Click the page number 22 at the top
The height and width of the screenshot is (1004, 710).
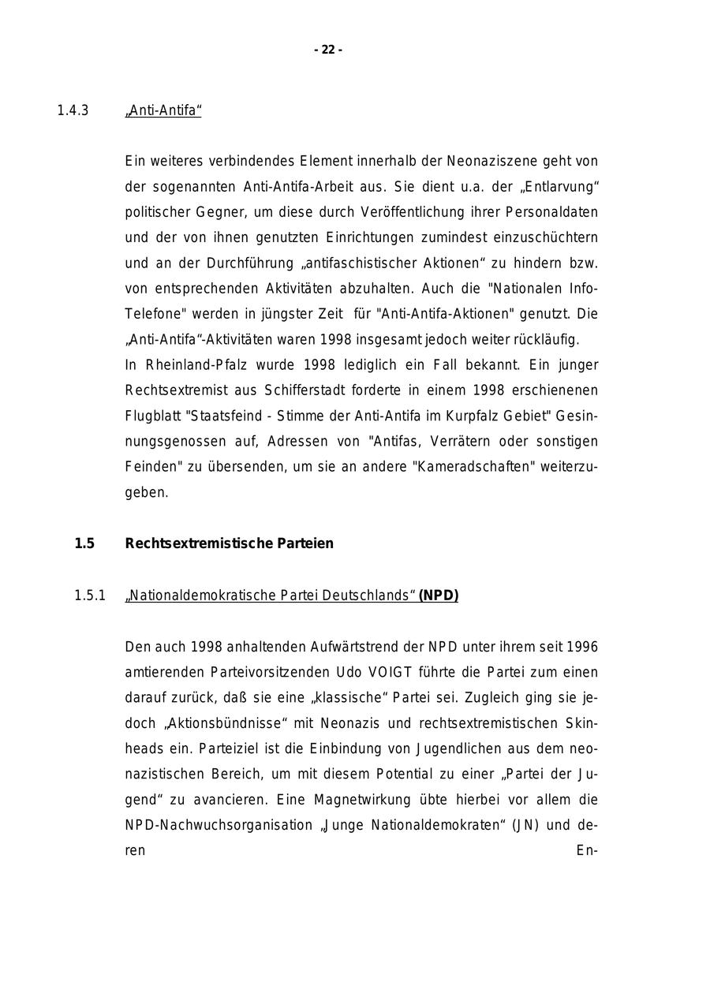point(328,50)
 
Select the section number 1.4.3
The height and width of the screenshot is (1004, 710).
point(73,110)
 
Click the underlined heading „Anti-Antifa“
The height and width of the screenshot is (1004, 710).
point(163,110)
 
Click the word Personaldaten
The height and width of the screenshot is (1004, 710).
point(551,212)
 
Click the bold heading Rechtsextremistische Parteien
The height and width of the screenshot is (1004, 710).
point(229,543)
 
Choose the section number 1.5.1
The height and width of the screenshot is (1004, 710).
point(90,595)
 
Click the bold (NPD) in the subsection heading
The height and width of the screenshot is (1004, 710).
point(439,595)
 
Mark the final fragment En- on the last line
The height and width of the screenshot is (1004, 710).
point(588,850)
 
